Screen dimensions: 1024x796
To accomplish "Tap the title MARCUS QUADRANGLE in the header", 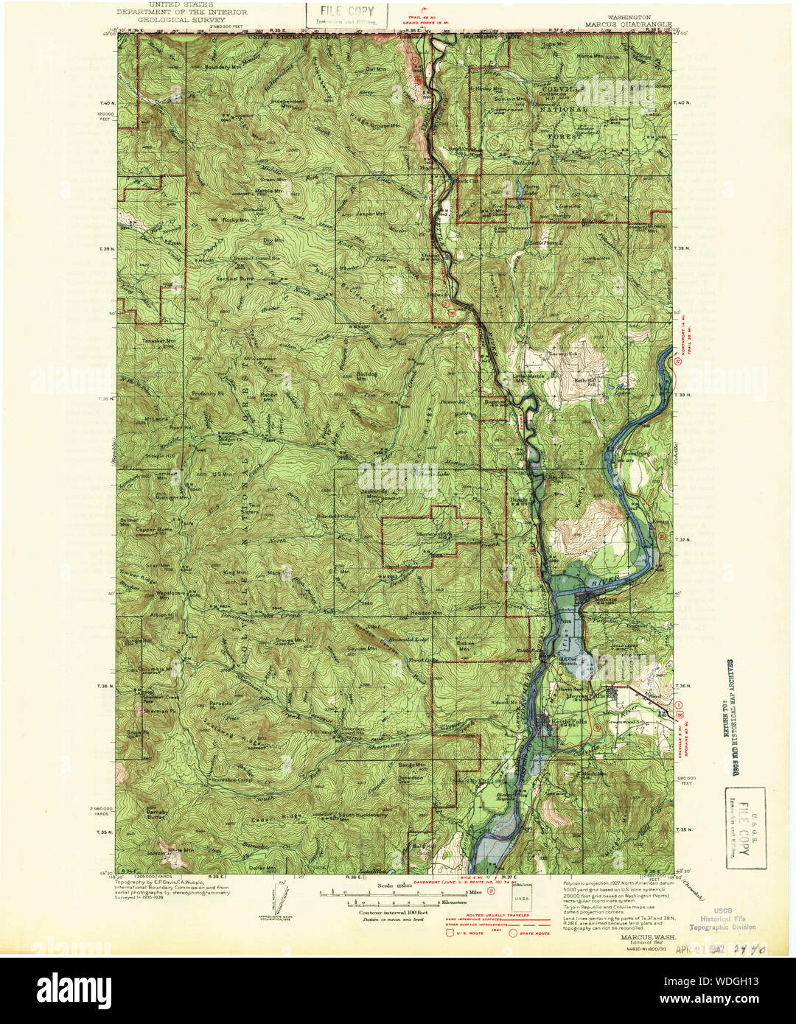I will (x=629, y=24).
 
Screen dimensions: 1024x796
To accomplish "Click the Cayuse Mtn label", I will (x=362, y=649).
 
